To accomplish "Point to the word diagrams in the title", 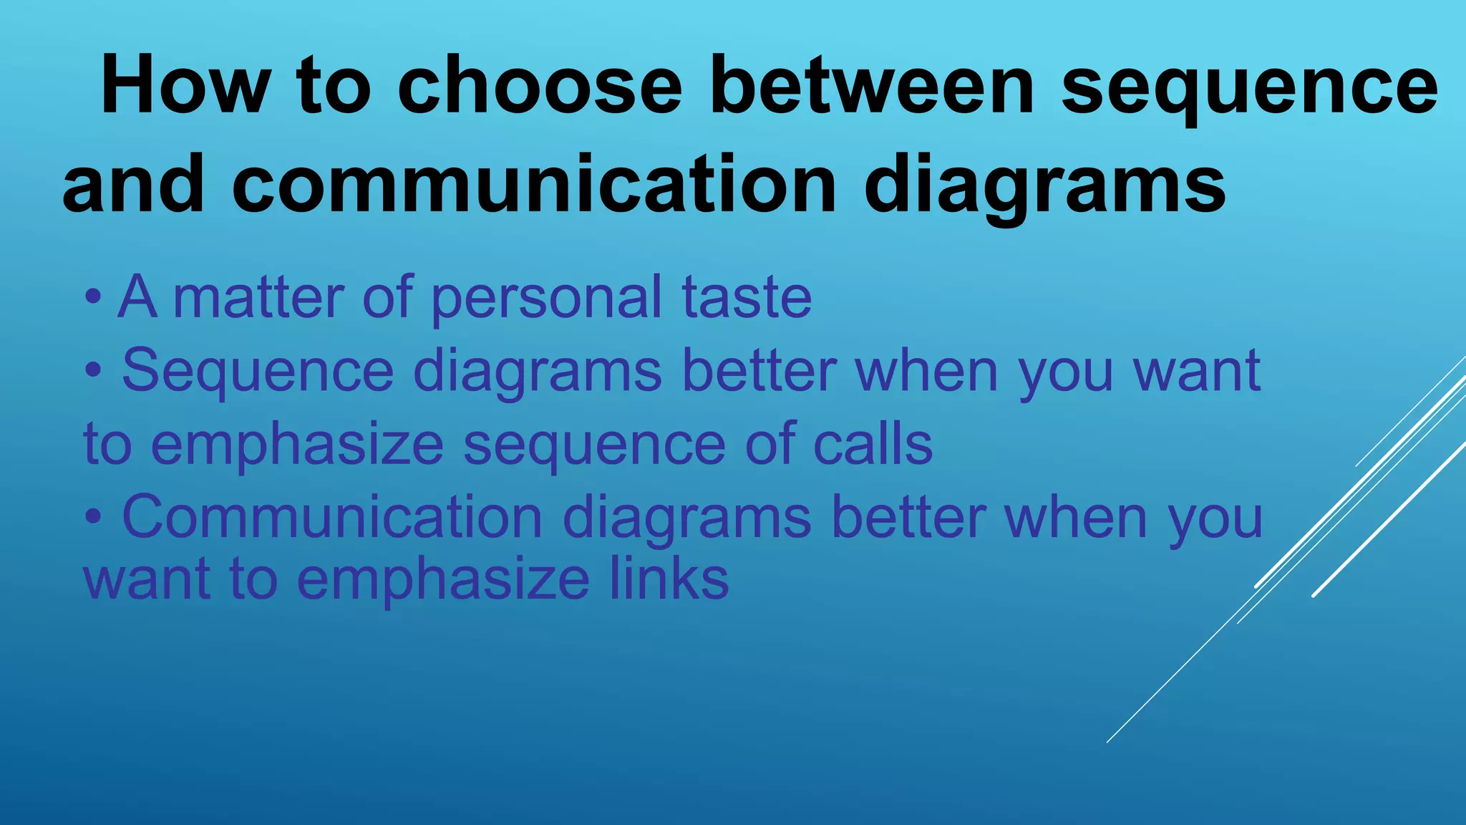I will coord(1044,185).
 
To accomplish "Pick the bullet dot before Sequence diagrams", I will coord(92,371).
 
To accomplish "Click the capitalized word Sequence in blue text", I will coord(258,370).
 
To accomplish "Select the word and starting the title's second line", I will coord(133,185).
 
